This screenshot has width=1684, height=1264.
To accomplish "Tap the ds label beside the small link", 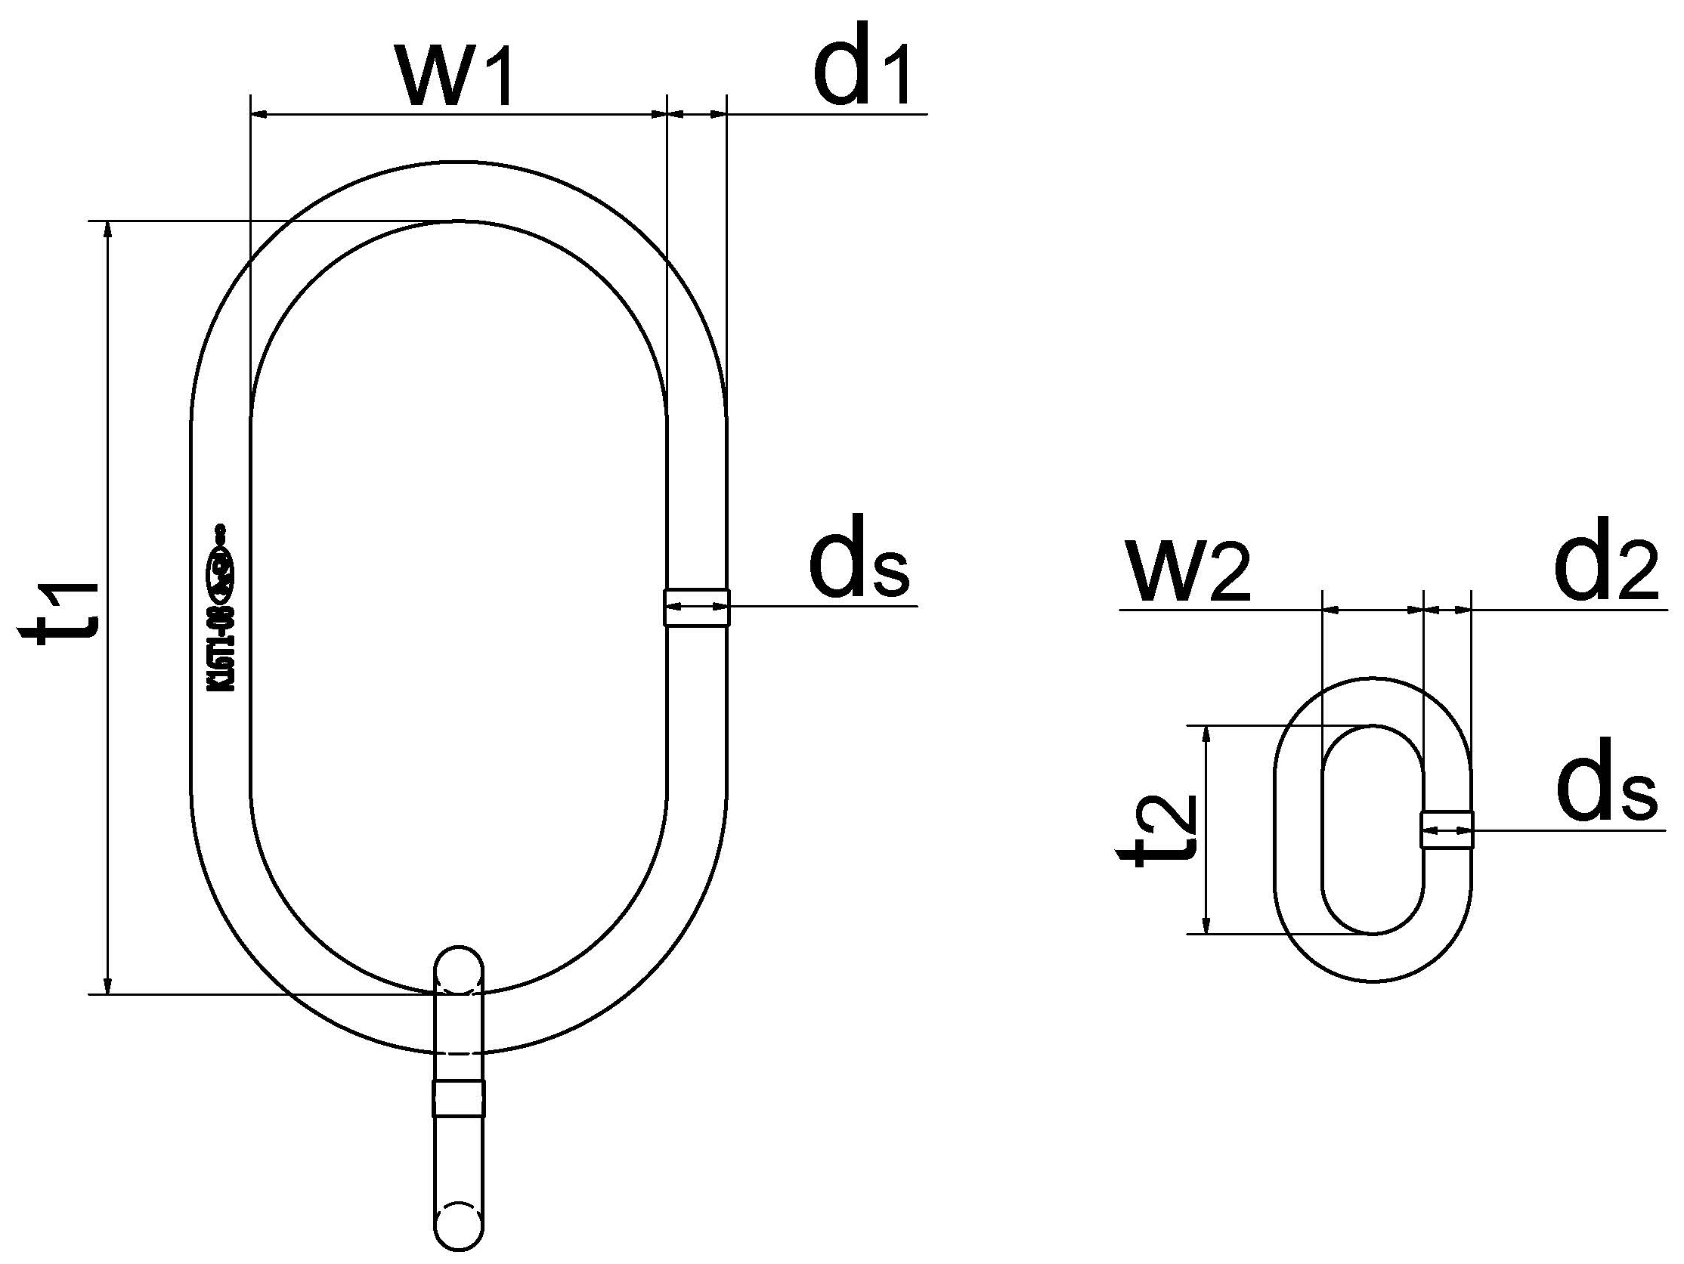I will tap(1606, 787).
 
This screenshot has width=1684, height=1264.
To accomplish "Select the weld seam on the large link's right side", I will tap(697, 607).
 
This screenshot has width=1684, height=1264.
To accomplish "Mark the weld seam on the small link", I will tap(1447, 830).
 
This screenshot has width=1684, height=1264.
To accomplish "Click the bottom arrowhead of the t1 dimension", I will tap(109, 986).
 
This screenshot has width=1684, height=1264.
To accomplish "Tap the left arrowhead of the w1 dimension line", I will tap(258, 115).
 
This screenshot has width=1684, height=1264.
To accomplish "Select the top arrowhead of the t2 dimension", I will tap(1206, 734).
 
